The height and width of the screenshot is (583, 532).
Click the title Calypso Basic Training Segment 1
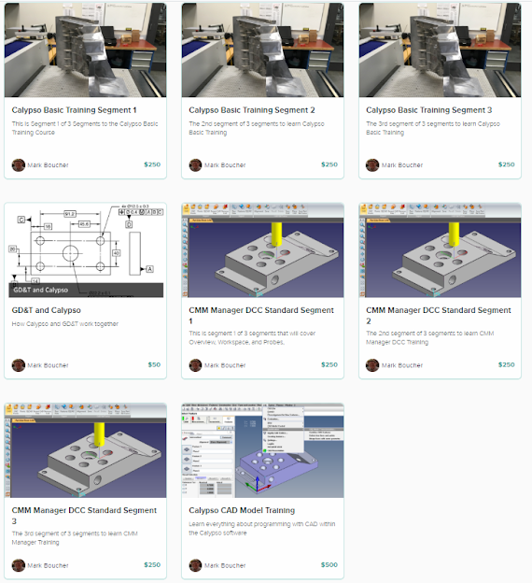[74, 110]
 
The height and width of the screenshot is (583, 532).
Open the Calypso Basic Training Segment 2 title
[251, 110]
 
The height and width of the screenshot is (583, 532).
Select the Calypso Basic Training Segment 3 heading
[428, 110]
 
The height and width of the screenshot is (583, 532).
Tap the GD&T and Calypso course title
[47, 310]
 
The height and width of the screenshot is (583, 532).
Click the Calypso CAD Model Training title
[242, 510]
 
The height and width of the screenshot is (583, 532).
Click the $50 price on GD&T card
[154, 365]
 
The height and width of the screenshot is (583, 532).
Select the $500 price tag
[329, 565]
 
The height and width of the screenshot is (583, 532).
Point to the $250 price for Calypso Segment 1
[152, 165]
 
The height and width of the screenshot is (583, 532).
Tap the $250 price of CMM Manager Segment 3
[152, 565]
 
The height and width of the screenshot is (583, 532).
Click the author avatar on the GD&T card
[19, 365]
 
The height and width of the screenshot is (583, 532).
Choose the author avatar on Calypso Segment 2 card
[196, 165]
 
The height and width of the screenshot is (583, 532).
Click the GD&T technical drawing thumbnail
[85, 243]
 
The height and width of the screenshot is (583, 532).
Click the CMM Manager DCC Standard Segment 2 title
[438, 316]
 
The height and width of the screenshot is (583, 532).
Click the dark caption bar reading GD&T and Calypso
[85, 291]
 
